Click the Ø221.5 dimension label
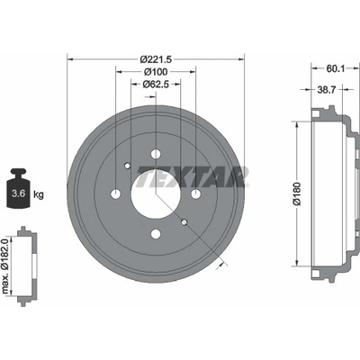click(x=156, y=59)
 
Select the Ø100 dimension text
click(x=156, y=72)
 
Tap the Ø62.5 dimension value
click(x=156, y=85)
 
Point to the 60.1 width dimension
click(x=335, y=69)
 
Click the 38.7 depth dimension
click(x=326, y=89)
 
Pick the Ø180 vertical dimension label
click(x=297, y=194)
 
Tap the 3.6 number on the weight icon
click(x=18, y=193)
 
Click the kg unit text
click(x=39, y=194)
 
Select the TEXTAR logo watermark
click(x=193, y=177)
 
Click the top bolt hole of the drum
click(x=156, y=154)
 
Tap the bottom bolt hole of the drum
click(x=156, y=234)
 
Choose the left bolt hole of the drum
click(x=116, y=194)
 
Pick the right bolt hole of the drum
click(x=195, y=194)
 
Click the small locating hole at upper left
click(x=128, y=166)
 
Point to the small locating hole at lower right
click(x=184, y=222)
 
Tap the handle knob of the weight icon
click(x=18, y=172)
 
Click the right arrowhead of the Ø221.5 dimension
click(x=241, y=59)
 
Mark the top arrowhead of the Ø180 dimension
click(x=297, y=124)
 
